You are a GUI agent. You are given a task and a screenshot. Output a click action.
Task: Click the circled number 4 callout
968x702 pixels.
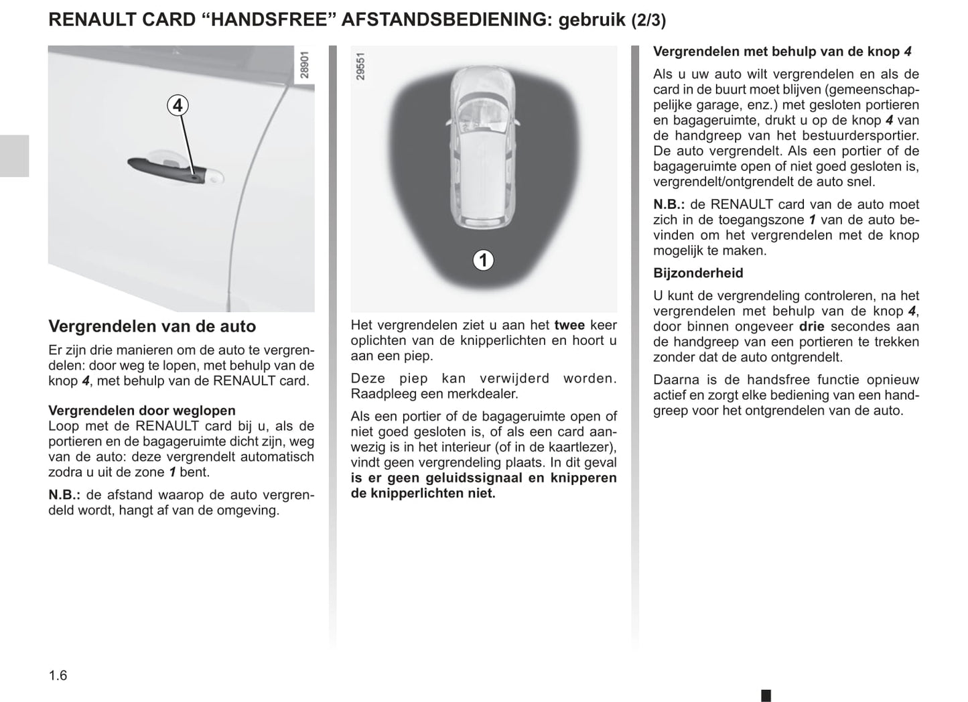click(178, 105)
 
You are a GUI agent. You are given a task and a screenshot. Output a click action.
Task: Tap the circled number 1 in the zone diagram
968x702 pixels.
click(483, 259)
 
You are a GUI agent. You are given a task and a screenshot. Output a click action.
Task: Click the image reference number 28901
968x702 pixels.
click(305, 66)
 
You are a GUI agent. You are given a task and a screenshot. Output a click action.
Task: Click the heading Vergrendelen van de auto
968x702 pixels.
click(152, 327)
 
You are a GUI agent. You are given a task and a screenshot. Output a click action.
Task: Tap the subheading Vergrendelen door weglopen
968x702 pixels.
click(142, 411)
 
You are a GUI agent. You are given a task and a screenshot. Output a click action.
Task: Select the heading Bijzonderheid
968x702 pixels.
click(698, 273)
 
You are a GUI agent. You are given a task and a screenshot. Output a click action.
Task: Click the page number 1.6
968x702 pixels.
click(58, 675)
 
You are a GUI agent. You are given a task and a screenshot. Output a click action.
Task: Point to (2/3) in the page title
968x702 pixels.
click(648, 20)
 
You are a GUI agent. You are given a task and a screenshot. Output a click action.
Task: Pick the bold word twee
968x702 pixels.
click(569, 326)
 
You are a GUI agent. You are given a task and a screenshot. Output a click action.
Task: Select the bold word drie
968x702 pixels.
click(812, 327)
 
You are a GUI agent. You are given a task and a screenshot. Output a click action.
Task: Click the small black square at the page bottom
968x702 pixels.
click(766, 696)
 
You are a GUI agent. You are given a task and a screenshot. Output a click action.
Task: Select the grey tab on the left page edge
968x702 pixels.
click(14, 155)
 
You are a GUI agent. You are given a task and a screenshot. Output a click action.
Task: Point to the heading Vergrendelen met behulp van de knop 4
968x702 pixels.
click(782, 52)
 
